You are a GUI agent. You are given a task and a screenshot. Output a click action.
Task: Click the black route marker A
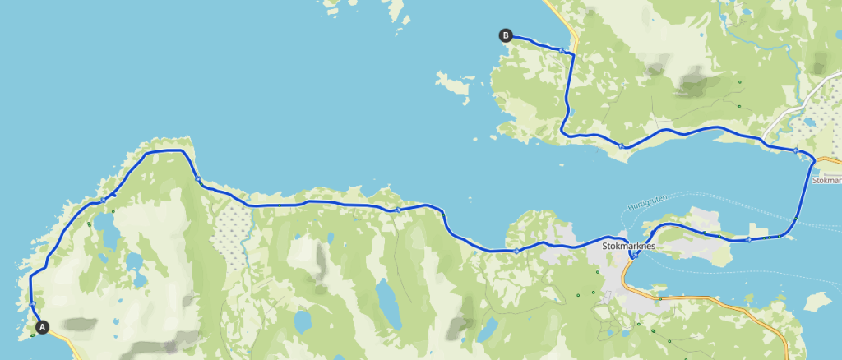pos(43,326)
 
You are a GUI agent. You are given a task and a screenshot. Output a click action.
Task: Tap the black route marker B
pos(506,35)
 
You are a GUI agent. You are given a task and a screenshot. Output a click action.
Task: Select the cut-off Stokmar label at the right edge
pos(826,179)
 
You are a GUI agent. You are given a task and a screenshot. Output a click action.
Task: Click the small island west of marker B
pos(451,83)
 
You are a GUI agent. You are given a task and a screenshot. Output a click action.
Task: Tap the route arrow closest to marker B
pos(561,50)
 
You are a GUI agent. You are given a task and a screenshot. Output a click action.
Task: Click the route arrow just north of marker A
pos(31,304)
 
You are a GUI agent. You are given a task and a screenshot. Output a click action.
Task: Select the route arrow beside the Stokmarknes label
pos(635,256)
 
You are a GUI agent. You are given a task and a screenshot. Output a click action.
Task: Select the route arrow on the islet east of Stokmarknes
pos(749,240)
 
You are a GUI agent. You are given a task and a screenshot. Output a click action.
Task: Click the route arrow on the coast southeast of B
pos(622,146)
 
